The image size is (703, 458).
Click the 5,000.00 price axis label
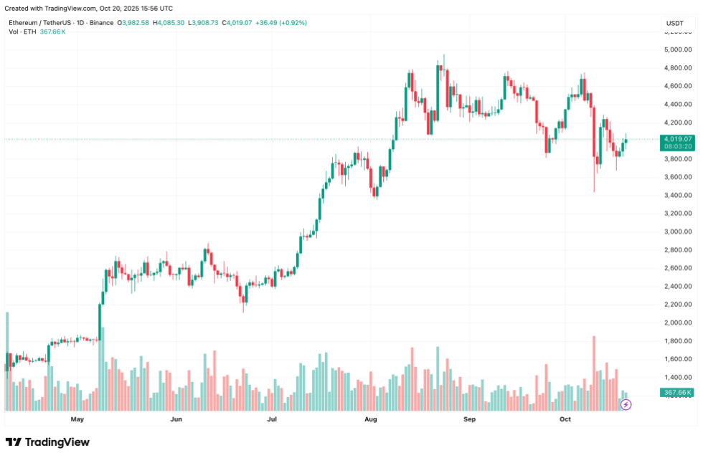[677, 49]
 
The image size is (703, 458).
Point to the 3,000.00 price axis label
[677, 232]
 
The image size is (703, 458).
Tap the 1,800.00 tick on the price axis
[677, 341]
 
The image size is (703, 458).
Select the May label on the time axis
[77, 419]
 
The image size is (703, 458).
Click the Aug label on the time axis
[370, 419]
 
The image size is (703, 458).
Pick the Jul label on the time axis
[272, 419]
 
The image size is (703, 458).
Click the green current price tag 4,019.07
[678, 139]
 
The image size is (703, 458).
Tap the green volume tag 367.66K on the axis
[678, 393]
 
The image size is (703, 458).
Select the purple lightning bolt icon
[626, 405]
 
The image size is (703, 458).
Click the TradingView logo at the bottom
[47, 442]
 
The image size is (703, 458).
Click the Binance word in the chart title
[100, 23]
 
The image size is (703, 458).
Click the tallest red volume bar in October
[594, 373]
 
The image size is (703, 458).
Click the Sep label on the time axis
[469, 419]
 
